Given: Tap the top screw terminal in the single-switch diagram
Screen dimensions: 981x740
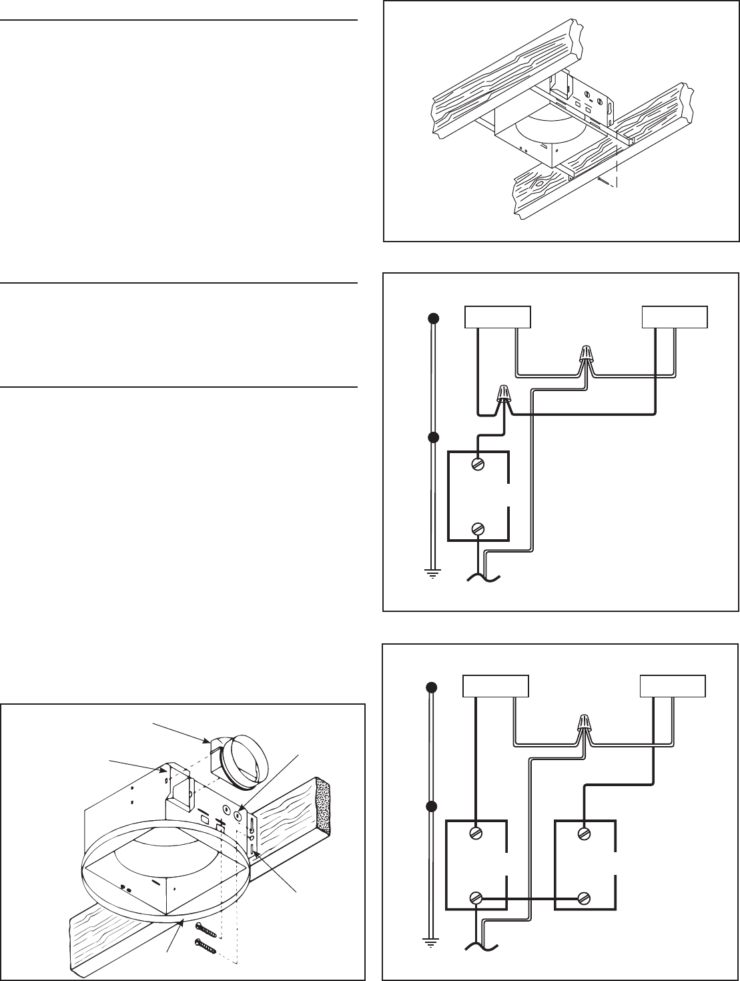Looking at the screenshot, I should (x=478, y=464).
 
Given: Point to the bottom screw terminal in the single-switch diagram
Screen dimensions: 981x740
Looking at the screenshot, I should (x=478, y=529).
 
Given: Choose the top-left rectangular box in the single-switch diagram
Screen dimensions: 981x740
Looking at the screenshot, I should (x=497, y=318).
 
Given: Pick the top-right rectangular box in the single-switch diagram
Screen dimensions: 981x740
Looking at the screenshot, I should (x=675, y=318).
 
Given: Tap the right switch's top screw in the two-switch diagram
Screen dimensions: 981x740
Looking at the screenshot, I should (x=586, y=834).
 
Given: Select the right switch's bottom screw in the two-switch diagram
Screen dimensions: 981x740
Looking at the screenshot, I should (x=586, y=897).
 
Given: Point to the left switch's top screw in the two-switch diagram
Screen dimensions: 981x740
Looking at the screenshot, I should (x=476, y=834).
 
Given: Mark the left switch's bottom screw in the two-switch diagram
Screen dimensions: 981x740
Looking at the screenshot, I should (x=476, y=898).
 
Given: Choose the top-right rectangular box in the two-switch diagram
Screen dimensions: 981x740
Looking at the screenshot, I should (x=673, y=687).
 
